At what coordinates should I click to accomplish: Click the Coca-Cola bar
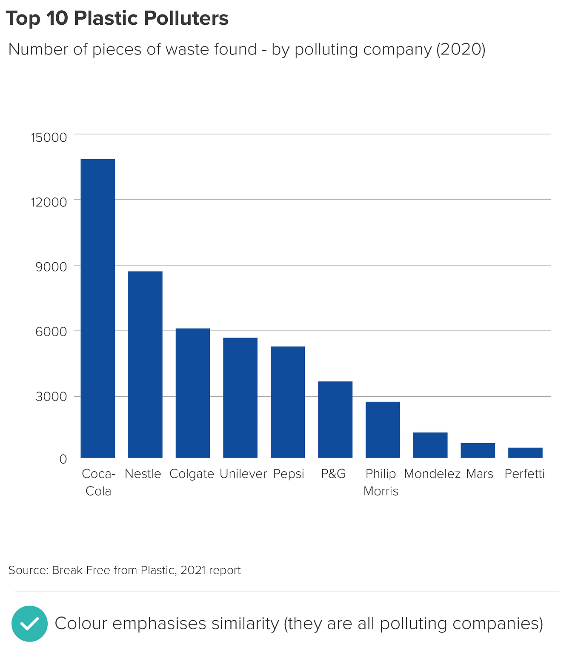click(97, 308)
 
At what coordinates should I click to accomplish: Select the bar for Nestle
click(145, 364)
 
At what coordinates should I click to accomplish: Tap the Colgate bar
click(193, 393)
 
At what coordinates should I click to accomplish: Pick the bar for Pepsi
click(288, 402)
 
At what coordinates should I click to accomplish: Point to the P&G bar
click(335, 419)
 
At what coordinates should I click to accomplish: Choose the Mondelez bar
click(430, 445)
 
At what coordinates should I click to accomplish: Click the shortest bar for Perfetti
click(525, 453)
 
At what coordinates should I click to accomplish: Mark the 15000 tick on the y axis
click(49, 138)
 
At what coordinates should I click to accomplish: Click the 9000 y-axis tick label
click(52, 267)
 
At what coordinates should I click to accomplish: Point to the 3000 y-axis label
click(52, 397)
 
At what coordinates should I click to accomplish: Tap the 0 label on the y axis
click(63, 459)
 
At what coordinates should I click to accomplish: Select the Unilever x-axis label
click(243, 474)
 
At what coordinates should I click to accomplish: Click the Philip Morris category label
click(381, 482)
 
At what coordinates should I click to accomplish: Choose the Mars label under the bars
click(479, 474)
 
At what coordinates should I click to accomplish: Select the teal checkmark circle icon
click(29, 624)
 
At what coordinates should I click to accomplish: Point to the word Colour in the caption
click(80, 624)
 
